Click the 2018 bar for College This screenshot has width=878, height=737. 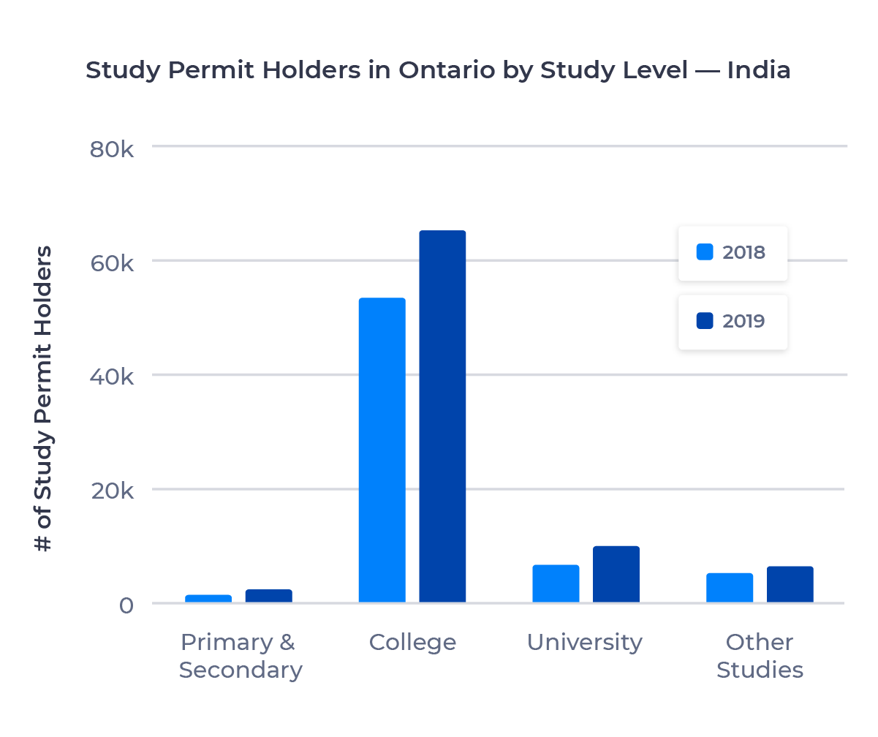tap(382, 450)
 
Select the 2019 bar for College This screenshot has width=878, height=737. tap(442, 417)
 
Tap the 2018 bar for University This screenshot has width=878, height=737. tap(556, 583)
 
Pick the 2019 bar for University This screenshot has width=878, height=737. tap(616, 574)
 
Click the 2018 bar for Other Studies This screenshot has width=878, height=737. tap(730, 588)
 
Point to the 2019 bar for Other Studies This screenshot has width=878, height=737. tap(790, 584)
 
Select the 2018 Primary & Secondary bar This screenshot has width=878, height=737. tap(208, 599)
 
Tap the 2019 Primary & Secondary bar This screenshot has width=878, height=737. tap(268, 596)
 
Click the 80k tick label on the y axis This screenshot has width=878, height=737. tap(111, 149)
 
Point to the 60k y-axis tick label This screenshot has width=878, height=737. tap(111, 263)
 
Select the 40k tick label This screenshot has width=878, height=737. tap(111, 378)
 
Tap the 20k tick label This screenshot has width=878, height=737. tap(111, 492)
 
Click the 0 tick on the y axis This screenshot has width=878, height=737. tap(126, 606)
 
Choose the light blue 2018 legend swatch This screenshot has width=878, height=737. tap(705, 252)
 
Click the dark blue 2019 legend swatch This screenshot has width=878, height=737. tap(705, 321)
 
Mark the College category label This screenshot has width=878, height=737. tap(412, 643)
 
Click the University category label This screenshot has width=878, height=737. tap(585, 643)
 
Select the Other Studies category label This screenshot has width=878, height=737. tap(760, 656)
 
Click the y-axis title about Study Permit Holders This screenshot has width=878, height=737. tap(45, 398)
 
